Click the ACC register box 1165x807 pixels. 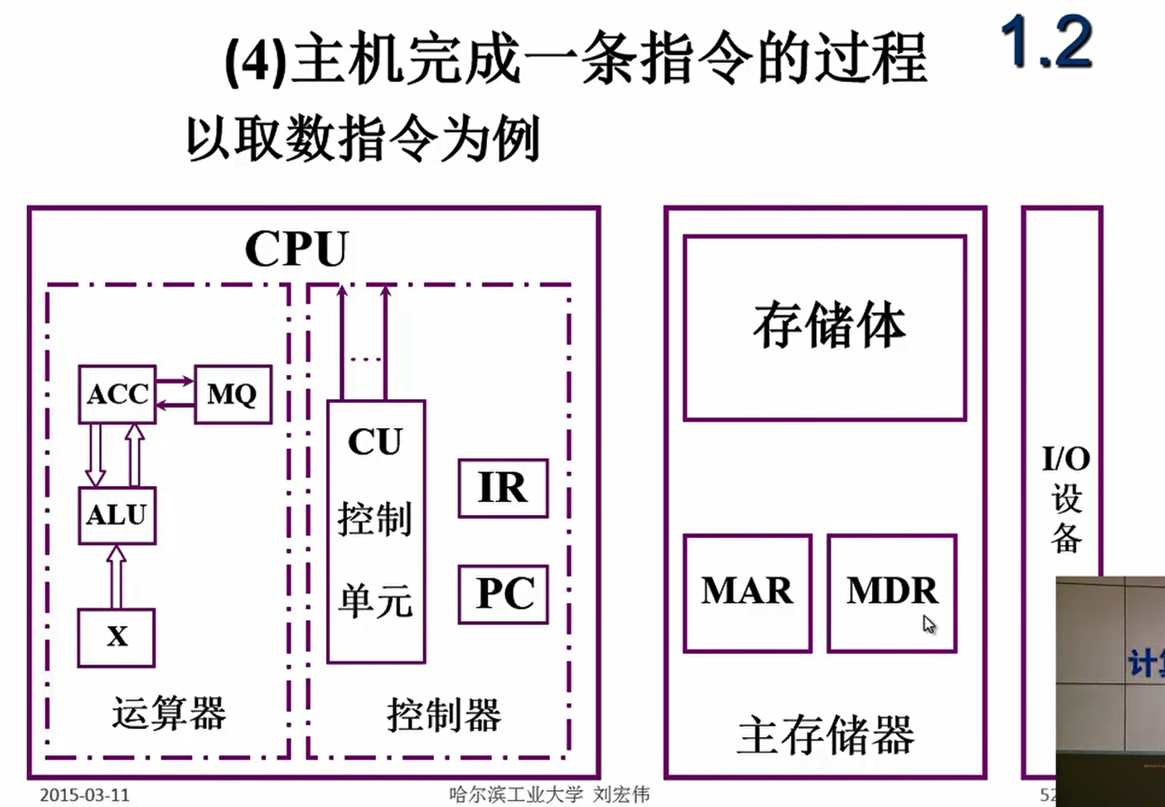pyautogui.click(x=118, y=394)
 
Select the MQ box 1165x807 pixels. pyautogui.click(x=233, y=394)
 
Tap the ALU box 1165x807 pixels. pyautogui.click(x=118, y=515)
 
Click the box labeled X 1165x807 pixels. pyautogui.click(x=117, y=637)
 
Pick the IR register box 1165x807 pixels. pyautogui.click(x=503, y=488)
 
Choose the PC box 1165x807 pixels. pyautogui.click(x=503, y=595)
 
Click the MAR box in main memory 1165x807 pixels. pyautogui.click(x=747, y=592)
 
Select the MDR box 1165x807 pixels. pyautogui.click(x=891, y=592)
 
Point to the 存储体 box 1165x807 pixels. pyautogui.click(x=824, y=327)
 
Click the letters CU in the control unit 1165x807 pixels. pyautogui.click(x=375, y=442)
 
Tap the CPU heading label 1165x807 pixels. pyautogui.click(x=296, y=249)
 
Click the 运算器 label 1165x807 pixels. pyautogui.click(x=169, y=714)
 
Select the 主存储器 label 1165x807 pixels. pyautogui.click(x=825, y=735)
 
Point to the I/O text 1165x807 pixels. pyautogui.click(x=1065, y=459)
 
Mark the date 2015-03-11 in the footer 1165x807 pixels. pyautogui.click(x=85, y=795)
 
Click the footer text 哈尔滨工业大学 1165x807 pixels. pyautogui.click(x=516, y=795)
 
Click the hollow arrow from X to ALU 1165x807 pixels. pyautogui.click(x=117, y=577)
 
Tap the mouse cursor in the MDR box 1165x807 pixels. pyautogui.click(x=929, y=624)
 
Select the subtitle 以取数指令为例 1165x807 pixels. pyautogui.click(x=362, y=139)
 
